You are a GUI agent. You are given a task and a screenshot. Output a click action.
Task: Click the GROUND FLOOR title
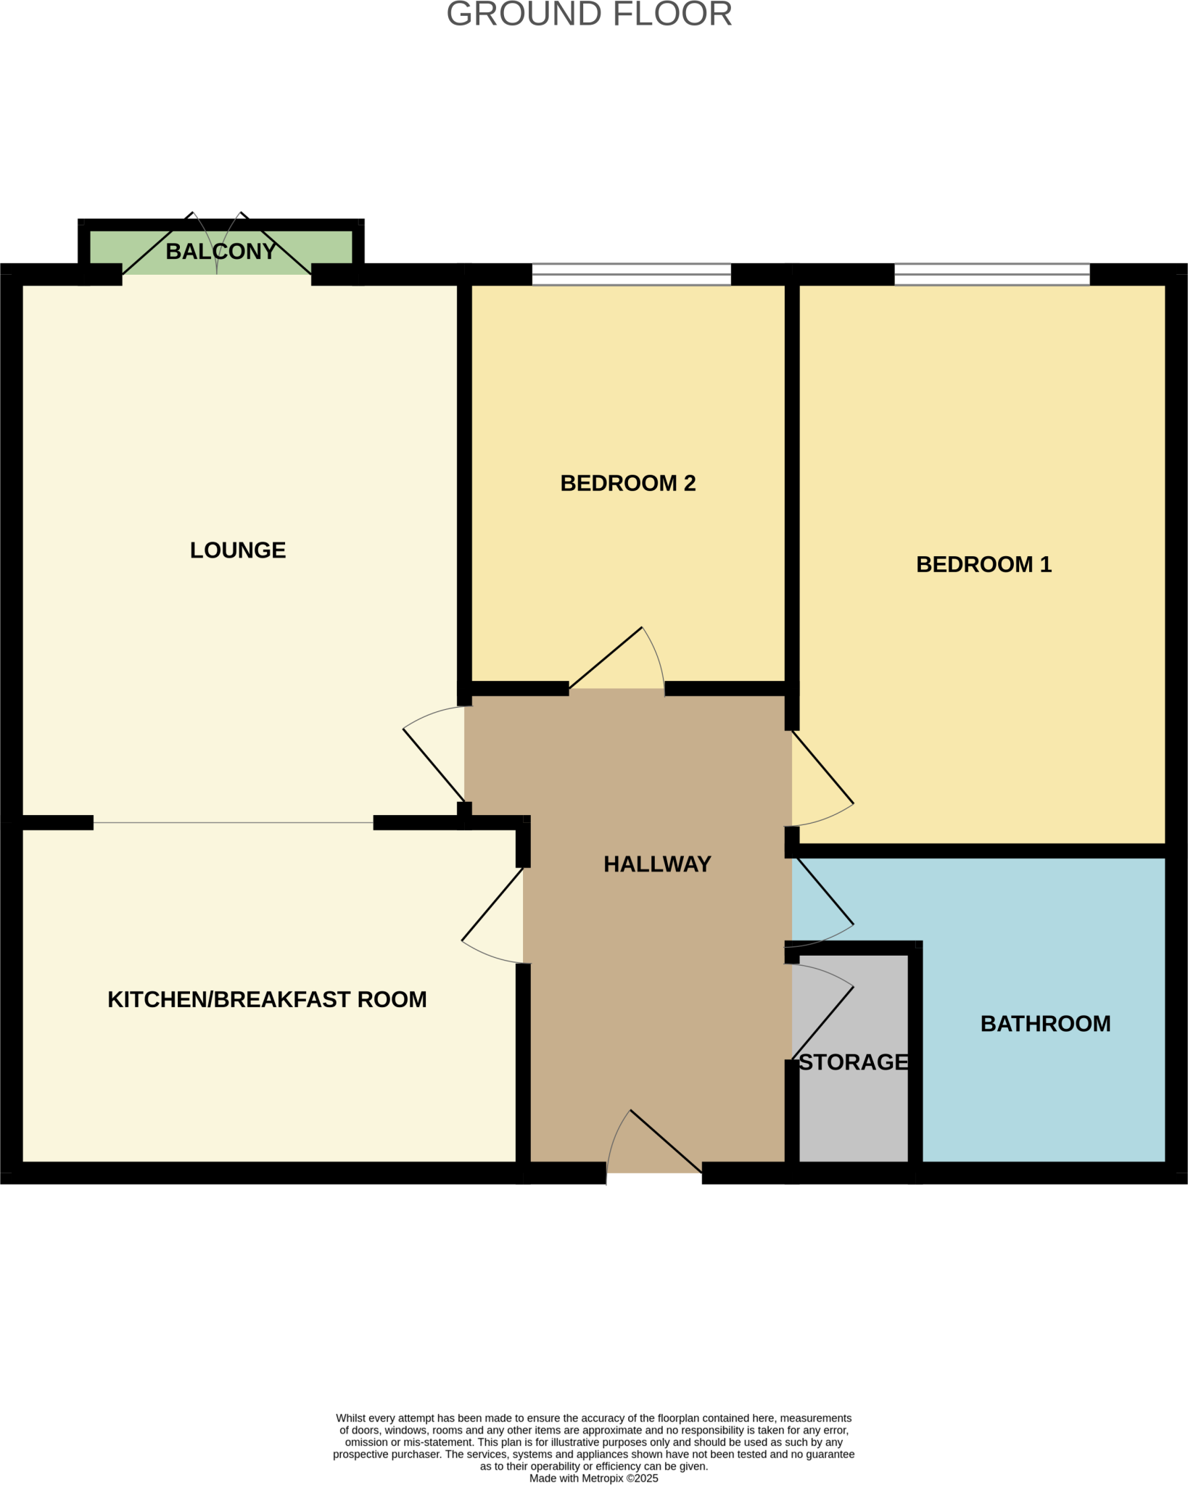[589, 15]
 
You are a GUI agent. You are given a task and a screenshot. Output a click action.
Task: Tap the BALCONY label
[220, 252]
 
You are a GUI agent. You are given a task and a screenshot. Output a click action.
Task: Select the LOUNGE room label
[238, 550]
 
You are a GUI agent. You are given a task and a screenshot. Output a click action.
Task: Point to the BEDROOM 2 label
[628, 484]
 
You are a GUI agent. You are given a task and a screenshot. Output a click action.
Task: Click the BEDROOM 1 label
[983, 565]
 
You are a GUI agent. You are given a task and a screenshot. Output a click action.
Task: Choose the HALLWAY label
[657, 864]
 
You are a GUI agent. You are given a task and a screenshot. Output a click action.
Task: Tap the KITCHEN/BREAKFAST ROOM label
[267, 1000]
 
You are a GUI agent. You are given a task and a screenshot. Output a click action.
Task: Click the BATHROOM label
[1045, 1024]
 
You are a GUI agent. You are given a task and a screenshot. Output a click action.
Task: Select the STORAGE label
[854, 1062]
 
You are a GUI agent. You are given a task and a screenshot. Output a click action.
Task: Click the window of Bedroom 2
[631, 275]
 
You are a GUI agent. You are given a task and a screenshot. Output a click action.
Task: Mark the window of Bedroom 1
[991, 275]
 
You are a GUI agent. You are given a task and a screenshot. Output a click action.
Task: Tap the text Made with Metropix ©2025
[593, 1478]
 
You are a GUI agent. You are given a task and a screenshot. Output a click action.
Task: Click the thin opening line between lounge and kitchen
[234, 823]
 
